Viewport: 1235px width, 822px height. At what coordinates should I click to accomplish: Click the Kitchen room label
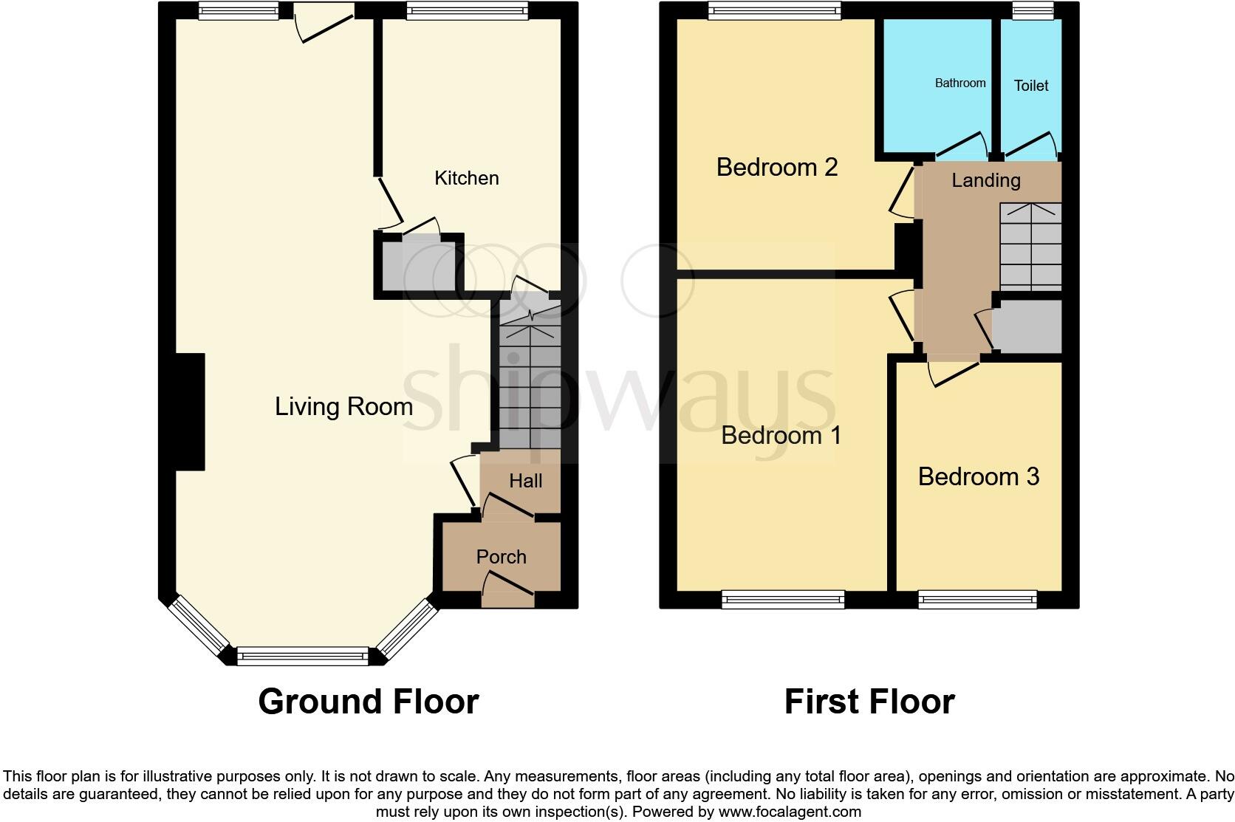[x=466, y=178]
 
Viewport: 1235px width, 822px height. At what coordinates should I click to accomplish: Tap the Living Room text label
[x=343, y=406]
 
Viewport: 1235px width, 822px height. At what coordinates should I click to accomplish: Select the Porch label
[x=501, y=557]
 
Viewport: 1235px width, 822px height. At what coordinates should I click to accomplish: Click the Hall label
[x=525, y=481]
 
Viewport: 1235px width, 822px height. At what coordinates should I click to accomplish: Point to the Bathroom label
[x=959, y=83]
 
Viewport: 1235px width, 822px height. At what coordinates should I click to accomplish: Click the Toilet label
[x=1031, y=86]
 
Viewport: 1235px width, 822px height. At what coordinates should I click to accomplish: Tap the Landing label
[x=985, y=180]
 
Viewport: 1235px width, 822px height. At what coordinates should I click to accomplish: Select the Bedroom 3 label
[x=978, y=476]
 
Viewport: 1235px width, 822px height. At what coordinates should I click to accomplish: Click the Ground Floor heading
[x=368, y=701]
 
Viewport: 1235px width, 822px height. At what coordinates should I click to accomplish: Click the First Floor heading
[x=869, y=701]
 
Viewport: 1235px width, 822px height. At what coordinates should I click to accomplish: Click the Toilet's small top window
[x=1033, y=10]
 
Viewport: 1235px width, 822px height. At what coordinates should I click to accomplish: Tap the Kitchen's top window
[x=467, y=10]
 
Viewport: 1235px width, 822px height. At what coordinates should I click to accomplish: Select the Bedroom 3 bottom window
[x=977, y=599]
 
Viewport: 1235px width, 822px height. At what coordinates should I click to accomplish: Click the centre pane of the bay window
[x=303, y=655]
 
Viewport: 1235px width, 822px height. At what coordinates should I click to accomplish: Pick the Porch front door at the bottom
[x=507, y=598]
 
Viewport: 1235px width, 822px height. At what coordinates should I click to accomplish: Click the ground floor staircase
[x=530, y=377]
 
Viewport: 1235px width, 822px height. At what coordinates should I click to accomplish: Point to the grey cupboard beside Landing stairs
[x=1027, y=326]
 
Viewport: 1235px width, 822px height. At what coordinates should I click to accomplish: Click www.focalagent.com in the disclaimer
[x=790, y=812]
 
